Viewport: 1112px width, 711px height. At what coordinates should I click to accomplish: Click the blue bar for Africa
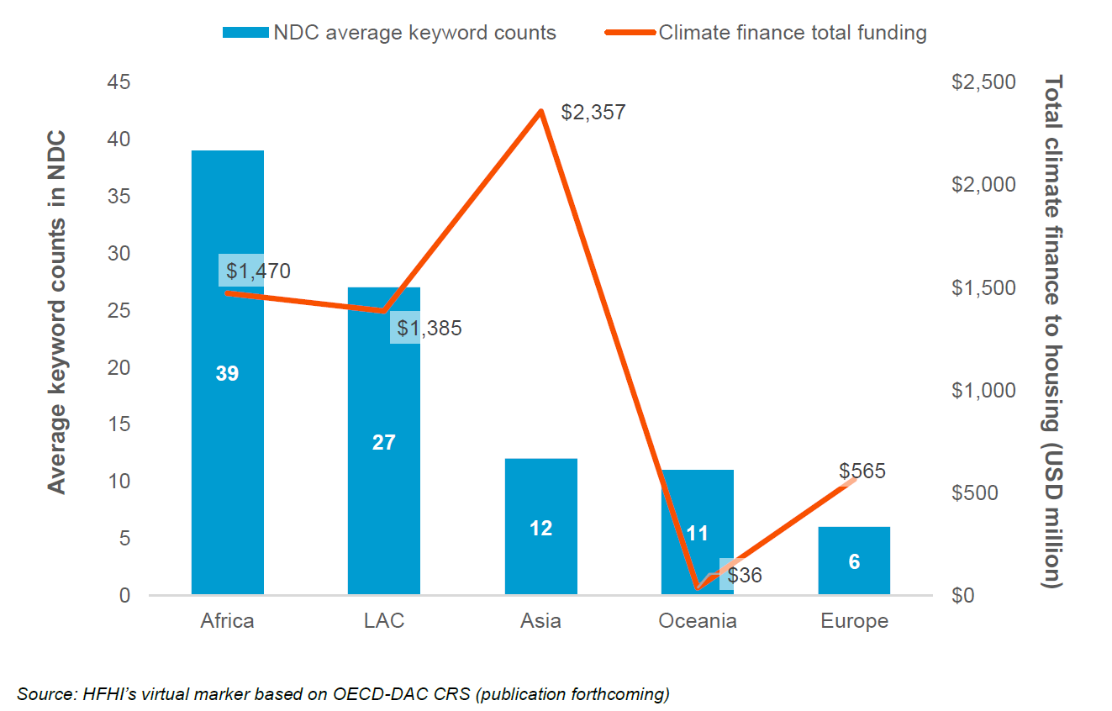point(227,420)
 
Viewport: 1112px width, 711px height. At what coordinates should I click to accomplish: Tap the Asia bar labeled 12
point(540,527)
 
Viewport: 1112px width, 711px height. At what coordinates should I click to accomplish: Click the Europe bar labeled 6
point(854,561)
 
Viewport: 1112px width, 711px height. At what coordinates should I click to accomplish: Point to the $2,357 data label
point(593,112)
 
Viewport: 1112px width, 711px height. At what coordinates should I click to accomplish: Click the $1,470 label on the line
point(258,271)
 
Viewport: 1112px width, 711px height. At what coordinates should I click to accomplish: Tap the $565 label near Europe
point(862,471)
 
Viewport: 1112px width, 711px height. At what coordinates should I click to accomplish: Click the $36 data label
point(744,577)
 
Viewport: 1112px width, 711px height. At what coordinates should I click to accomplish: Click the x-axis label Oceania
point(697,621)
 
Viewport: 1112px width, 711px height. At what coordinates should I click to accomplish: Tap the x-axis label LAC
point(383,621)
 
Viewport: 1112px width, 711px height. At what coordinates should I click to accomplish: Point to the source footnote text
point(343,694)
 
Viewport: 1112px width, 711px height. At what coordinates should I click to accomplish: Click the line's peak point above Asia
point(542,111)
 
